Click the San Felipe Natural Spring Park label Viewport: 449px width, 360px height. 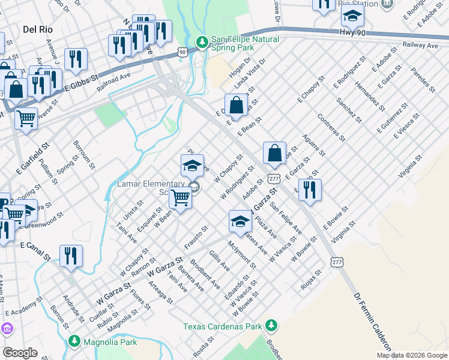tap(245, 44)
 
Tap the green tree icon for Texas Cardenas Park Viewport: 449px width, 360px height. tap(272, 325)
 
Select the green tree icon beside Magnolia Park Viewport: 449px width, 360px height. tap(74, 341)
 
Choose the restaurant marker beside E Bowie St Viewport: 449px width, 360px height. tap(310, 190)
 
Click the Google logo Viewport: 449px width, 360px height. tap(20, 353)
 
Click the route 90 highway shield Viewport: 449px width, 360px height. tap(181, 53)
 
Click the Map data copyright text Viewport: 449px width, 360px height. tap(412, 355)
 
